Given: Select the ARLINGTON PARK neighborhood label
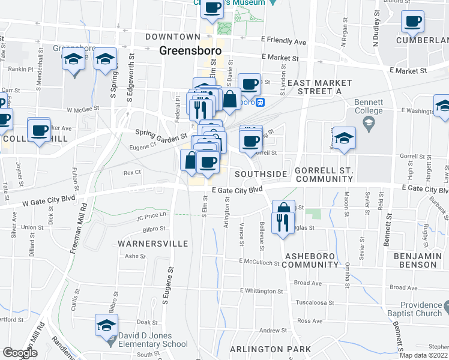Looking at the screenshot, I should [271, 349].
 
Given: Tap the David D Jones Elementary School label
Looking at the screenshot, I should [154, 340].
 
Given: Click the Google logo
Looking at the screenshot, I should [19, 353].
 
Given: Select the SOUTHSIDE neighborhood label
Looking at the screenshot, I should [261, 174].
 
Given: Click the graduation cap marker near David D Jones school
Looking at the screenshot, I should [106, 326].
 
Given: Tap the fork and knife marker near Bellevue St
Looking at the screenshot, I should [281, 223].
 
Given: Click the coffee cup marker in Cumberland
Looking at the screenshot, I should [412, 23].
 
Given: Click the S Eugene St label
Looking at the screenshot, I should [167, 285].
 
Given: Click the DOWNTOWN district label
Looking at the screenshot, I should [172, 37].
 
